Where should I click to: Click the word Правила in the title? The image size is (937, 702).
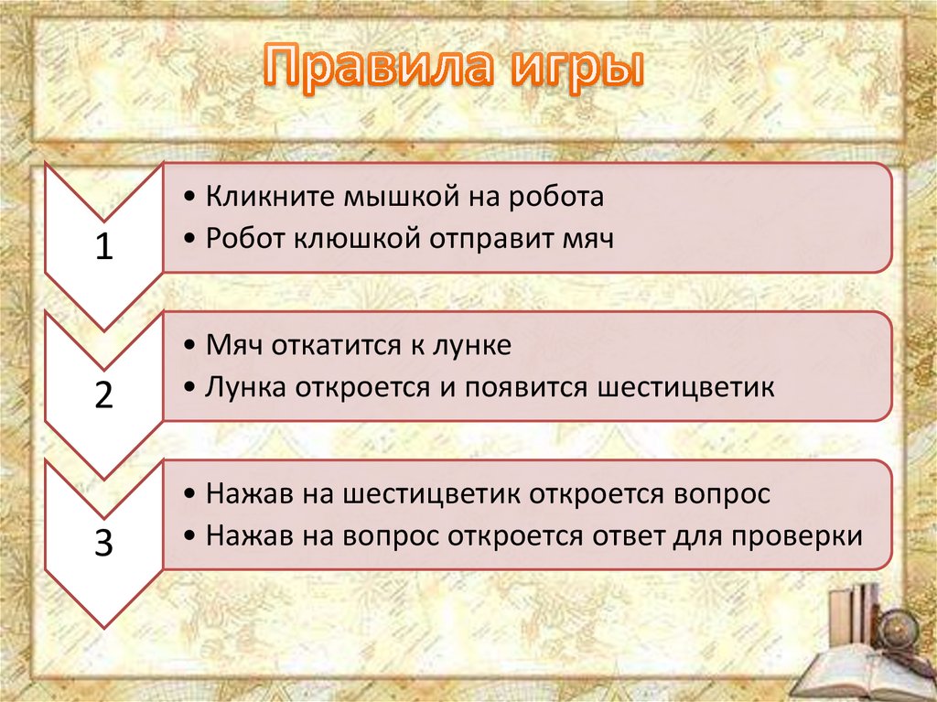[x=379, y=67]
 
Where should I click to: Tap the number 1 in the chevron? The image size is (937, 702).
[x=104, y=246]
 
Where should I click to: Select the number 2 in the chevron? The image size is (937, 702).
[x=104, y=394]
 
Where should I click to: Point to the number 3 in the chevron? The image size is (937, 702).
[x=104, y=543]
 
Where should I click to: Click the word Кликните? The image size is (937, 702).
[x=271, y=196]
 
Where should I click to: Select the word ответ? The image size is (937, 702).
[x=629, y=535]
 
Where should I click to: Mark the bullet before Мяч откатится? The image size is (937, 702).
[x=190, y=346]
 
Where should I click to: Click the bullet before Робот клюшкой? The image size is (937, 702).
[x=190, y=239]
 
